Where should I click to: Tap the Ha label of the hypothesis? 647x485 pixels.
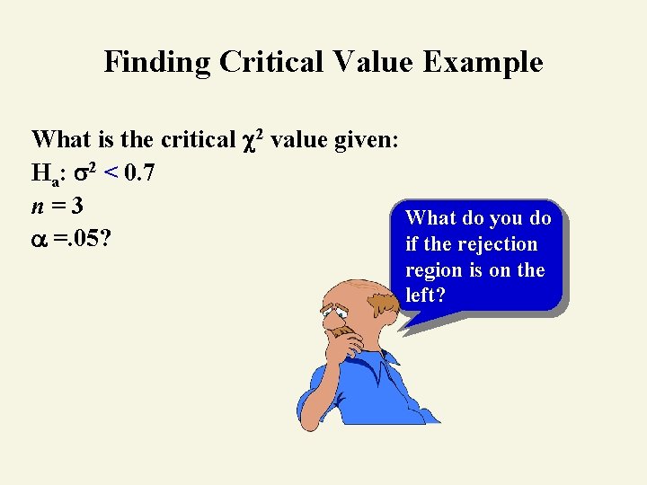[x=43, y=172]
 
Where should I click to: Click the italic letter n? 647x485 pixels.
[x=38, y=207]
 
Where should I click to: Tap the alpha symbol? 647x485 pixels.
[x=39, y=241]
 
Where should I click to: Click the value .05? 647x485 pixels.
[x=86, y=240]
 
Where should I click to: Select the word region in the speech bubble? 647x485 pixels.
[x=434, y=270]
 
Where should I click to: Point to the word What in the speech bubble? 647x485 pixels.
[x=431, y=217]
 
